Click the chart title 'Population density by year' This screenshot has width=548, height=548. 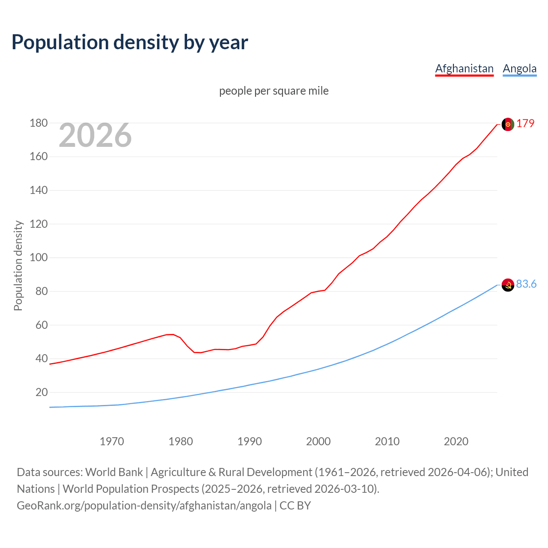tap(130, 42)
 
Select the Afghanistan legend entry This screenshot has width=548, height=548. tap(464, 68)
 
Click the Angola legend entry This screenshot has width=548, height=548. tap(519, 68)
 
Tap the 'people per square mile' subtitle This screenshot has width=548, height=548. tap(274, 91)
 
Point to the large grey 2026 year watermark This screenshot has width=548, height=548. tap(95, 135)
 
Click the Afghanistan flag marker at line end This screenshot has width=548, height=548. tap(507, 124)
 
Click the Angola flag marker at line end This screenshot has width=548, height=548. tap(507, 285)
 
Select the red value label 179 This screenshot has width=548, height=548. tap(525, 123)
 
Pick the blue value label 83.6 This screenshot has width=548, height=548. tap(526, 284)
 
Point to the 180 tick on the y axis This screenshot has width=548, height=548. tap(39, 123)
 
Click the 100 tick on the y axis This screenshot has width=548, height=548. tap(39, 258)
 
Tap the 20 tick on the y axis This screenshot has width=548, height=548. tap(42, 392)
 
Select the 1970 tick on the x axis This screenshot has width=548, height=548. tap(112, 441)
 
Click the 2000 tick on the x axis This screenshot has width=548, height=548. tap(318, 441)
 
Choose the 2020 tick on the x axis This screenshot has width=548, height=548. tap(456, 441)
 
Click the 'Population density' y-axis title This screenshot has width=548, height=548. tap(18, 265)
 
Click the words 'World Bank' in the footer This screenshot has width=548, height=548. tap(114, 472)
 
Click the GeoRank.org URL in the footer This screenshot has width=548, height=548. tap(144, 506)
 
